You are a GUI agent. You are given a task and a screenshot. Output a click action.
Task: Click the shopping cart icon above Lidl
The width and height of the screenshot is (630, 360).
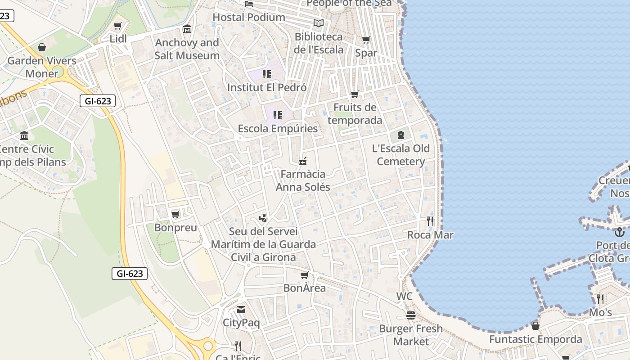coord(118,26)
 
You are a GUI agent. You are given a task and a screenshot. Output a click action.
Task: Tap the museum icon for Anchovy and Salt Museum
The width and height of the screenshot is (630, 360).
coord(187,30)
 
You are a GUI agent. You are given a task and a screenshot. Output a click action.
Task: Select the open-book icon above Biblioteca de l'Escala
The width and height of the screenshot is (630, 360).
coord(319,23)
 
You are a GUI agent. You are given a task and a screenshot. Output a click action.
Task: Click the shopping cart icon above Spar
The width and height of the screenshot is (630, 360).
coord(366,40)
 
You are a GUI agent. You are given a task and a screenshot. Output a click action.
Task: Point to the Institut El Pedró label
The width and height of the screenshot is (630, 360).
coord(267,87)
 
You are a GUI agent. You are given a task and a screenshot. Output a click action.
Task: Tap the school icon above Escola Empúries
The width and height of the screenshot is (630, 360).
coord(278,115)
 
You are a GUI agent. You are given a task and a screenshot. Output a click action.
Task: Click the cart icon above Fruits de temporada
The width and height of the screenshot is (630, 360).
coord(355,94)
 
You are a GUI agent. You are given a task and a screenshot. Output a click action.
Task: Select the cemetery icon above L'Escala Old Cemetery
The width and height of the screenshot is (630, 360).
coord(401,135)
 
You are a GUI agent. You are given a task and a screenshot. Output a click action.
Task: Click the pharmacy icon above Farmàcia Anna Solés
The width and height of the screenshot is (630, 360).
coord(303,161)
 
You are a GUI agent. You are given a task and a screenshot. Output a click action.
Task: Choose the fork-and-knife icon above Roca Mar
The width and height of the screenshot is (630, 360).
coord(430,221)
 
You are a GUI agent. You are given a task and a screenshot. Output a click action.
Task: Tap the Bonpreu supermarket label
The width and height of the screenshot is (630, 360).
coord(175,228)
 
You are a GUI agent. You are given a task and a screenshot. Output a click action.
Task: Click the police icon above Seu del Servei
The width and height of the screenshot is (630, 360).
coord(263,218)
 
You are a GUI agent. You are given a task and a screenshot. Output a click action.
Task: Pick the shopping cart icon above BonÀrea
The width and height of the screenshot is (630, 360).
coord(305,274)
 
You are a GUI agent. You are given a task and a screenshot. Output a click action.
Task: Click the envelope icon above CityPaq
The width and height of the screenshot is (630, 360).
coord(241,310)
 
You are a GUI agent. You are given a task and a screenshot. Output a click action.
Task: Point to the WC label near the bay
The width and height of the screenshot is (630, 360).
coord(405,297)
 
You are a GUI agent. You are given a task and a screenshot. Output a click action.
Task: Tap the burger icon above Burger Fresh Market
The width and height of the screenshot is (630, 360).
coord(410,315)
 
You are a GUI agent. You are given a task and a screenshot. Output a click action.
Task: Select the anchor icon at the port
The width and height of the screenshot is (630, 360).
coord(620,232)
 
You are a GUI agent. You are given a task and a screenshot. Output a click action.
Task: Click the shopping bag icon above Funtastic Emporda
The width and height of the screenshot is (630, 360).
coord(535,326)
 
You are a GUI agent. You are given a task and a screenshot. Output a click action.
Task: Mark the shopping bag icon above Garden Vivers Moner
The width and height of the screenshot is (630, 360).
coord(42,47)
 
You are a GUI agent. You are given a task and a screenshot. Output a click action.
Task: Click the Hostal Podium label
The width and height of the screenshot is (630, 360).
coord(249,17)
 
